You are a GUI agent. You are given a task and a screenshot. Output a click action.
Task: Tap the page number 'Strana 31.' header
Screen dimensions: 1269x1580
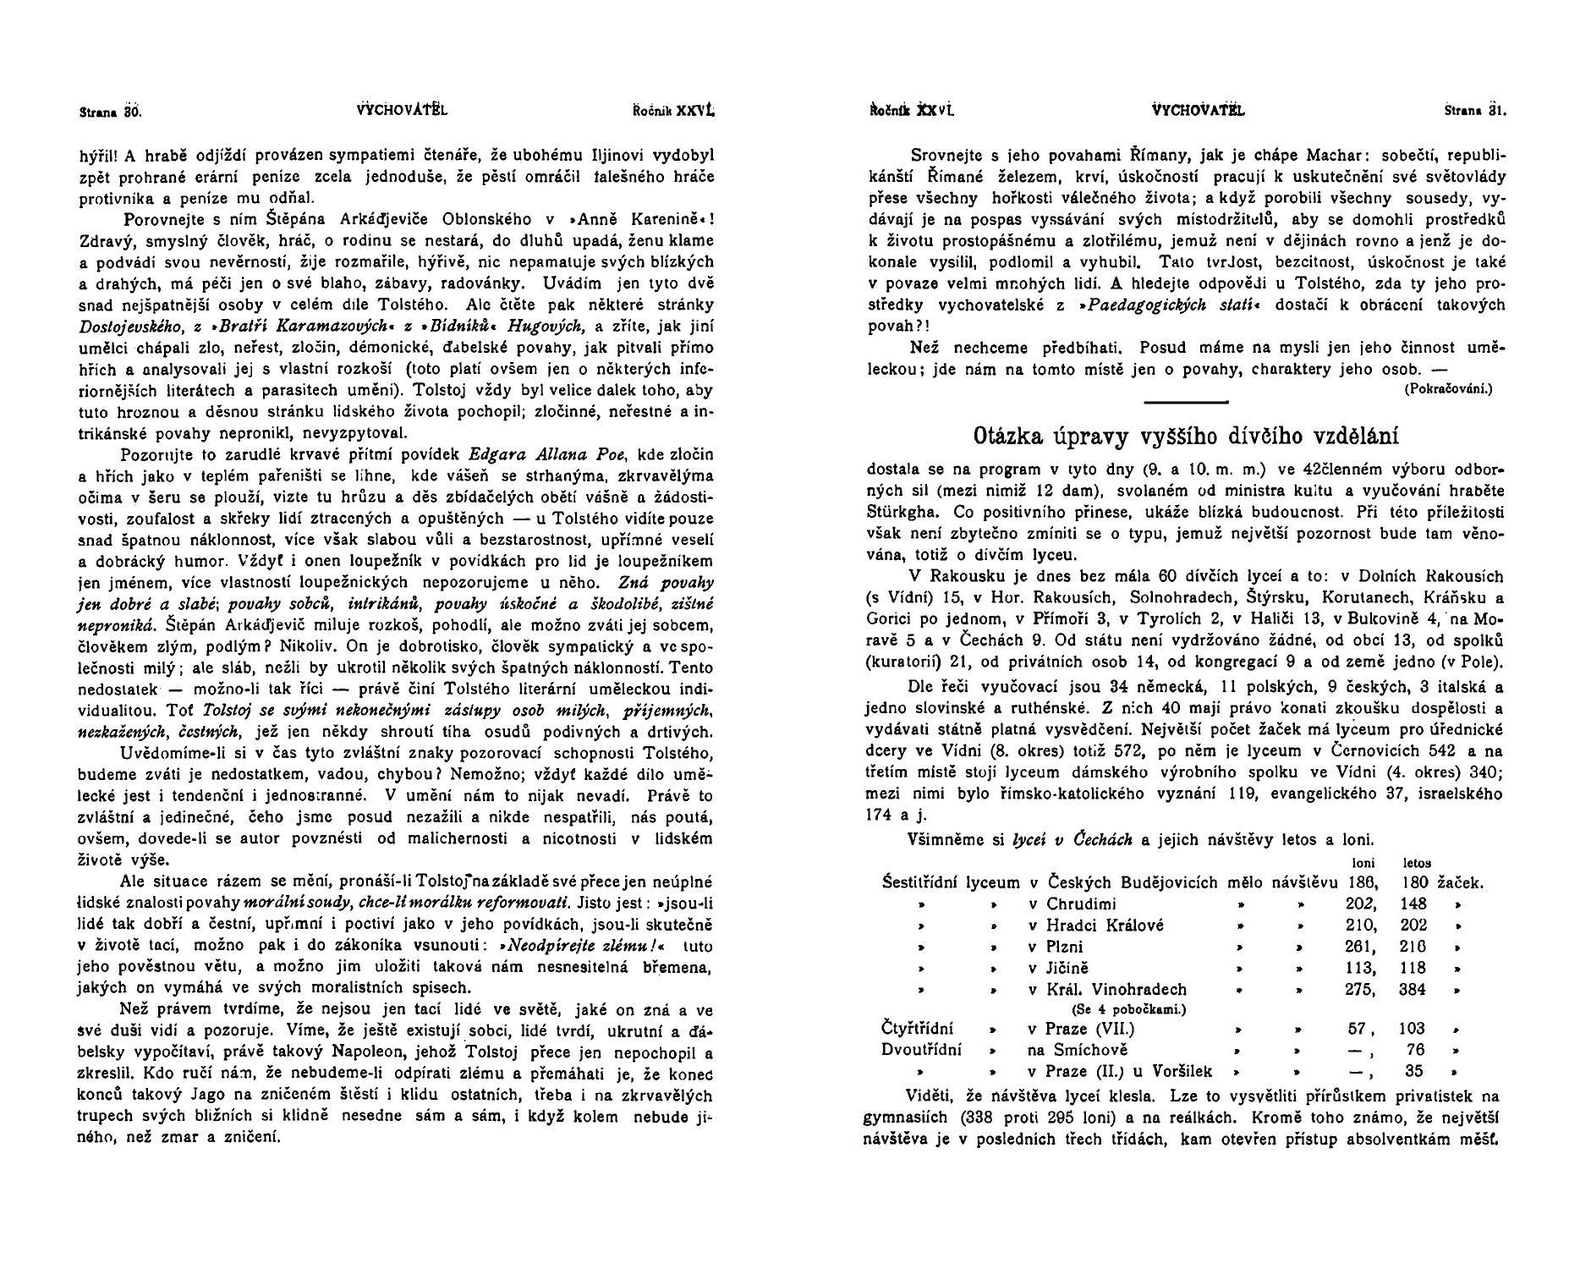1475,111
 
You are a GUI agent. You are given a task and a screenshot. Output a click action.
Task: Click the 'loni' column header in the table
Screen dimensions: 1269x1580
1364,863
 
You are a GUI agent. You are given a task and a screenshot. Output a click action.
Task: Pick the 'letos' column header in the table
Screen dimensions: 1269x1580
1417,863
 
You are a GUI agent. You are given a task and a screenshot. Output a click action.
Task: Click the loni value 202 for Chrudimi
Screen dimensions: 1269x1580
1361,904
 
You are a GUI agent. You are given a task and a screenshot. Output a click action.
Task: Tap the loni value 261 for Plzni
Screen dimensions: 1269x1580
1361,947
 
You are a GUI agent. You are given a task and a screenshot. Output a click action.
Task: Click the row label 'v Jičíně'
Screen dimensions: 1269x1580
1058,968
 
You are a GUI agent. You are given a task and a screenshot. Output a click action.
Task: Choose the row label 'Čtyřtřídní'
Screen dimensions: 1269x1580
918,1029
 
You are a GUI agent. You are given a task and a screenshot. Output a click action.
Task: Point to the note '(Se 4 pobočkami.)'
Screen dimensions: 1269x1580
1128,1009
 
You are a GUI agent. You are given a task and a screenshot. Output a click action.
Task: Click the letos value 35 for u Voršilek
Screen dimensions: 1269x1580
1413,1071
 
